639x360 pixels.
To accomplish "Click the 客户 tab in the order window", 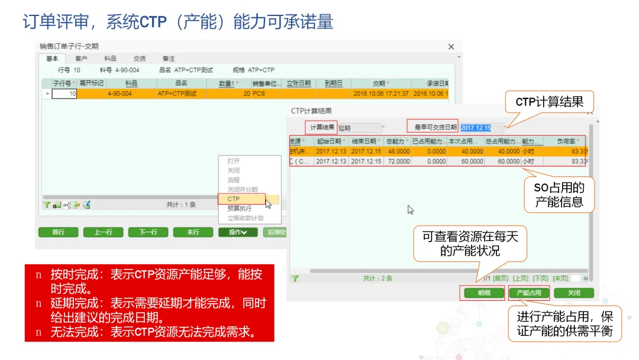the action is click(81, 59).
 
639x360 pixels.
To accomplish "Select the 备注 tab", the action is click(169, 59).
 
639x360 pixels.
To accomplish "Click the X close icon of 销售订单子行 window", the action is click(451, 47).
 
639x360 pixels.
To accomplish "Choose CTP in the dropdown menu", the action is click(234, 199).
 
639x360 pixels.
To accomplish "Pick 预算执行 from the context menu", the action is click(239, 208).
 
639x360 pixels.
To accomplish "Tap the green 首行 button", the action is click(58, 232).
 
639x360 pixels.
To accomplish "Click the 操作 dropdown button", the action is click(238, 232).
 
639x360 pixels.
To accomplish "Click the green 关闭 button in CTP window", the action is click(574, 293).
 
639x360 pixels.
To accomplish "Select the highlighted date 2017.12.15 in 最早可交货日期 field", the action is click(476, 128).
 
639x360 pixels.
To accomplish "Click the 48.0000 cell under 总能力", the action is click(398, 151).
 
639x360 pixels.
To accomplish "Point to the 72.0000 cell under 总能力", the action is click(398, 161).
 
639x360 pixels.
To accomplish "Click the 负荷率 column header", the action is click(569, 142).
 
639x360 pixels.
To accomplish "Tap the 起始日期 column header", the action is click(330, 142).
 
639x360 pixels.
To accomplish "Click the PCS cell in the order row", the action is click(259, 94).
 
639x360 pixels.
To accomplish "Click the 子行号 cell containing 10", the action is click(64, 94).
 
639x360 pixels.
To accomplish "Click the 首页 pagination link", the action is click(501, 278).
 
